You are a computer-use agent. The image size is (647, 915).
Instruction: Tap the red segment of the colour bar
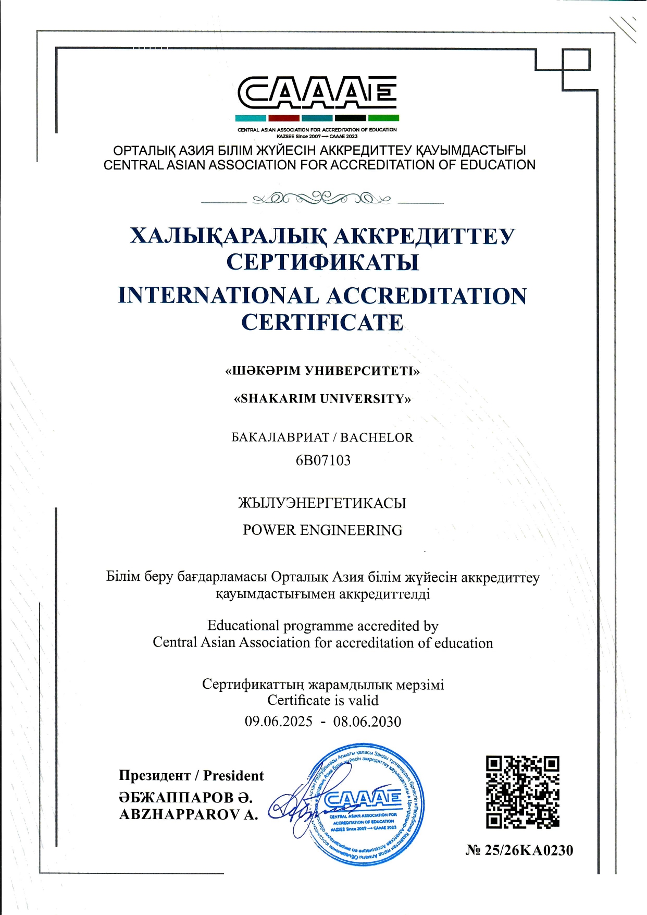click(283, 118)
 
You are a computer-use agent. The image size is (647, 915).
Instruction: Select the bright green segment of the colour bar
click(383, 118)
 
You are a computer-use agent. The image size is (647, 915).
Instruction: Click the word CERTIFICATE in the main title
click(322, 322)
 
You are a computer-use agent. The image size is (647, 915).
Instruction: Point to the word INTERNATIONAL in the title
click(218, 296)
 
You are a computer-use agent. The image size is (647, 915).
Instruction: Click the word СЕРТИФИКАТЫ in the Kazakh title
click(322, 262)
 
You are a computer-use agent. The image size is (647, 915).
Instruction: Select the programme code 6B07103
click(323, 460)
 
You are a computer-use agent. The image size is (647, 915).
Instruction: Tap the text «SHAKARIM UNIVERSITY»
click(322, 399)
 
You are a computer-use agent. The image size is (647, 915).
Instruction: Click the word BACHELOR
click(377, 437)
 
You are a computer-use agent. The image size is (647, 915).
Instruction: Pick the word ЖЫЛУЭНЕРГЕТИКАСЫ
click(322, 503)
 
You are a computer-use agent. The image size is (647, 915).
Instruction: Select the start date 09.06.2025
click(279, 722)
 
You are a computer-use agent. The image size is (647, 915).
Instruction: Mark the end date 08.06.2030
click(367, 722)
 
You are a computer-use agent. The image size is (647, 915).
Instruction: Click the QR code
click(522, 792)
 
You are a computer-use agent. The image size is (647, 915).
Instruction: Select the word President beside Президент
click(233, 776)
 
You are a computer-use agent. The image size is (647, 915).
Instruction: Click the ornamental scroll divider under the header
click(322, 199)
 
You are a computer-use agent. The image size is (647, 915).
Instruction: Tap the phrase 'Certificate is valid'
click(322, 700)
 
